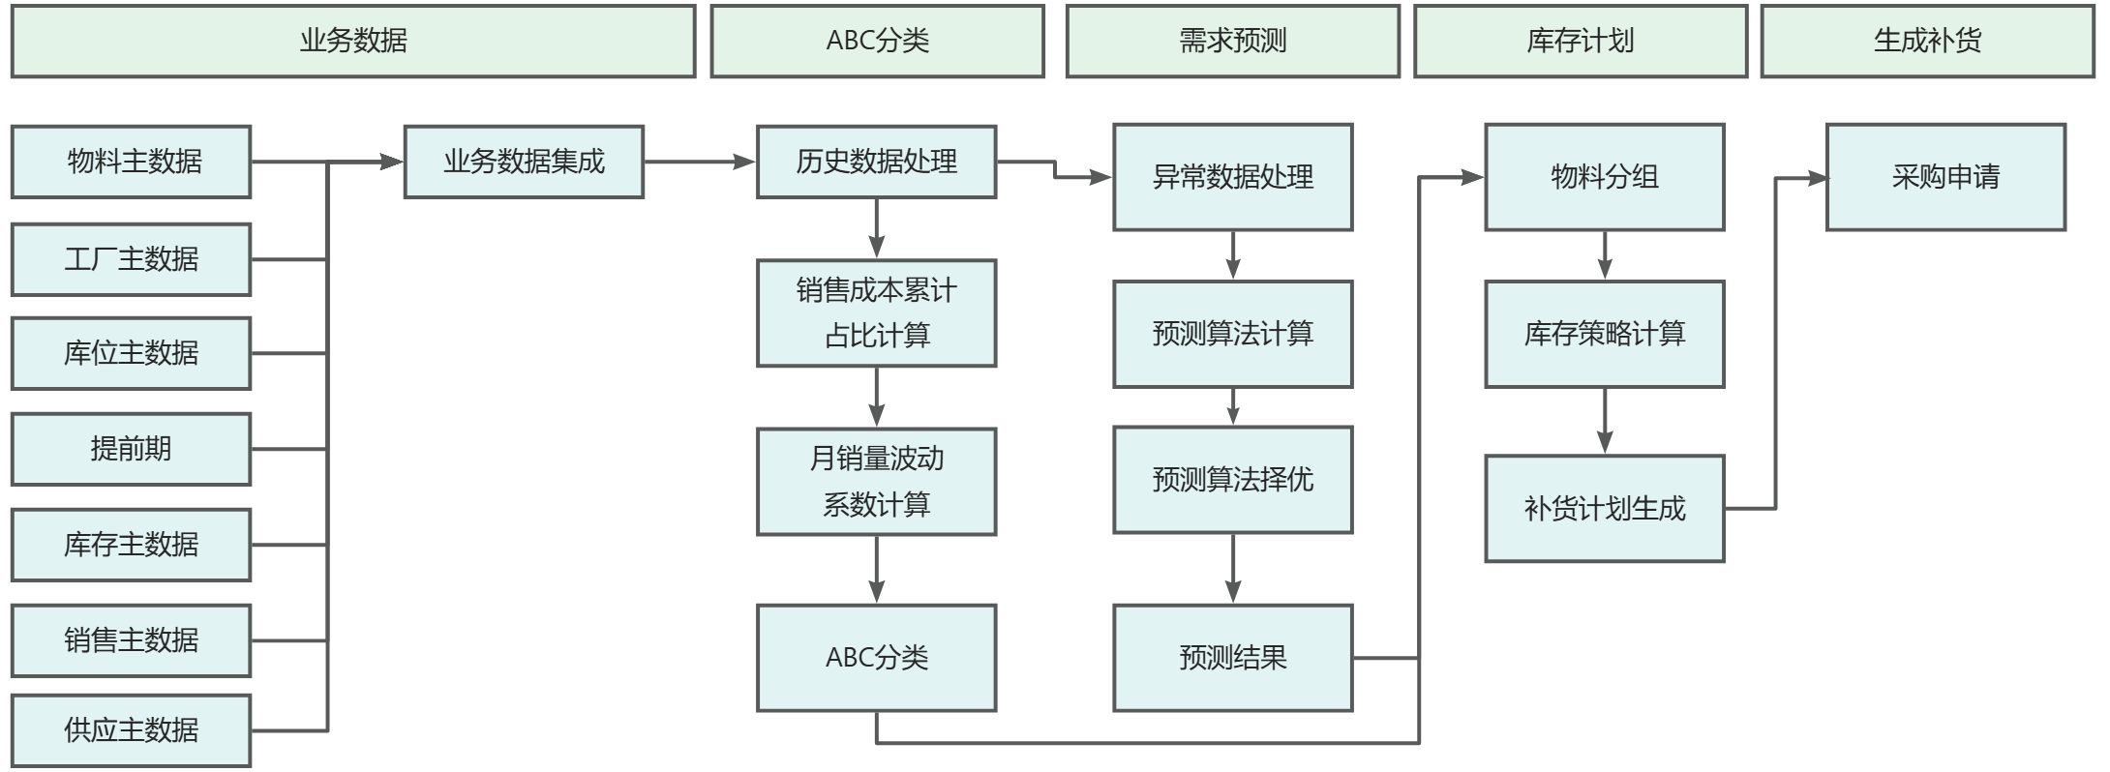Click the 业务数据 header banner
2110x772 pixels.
pos(353,41)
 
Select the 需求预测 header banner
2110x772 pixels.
pos(1232,41)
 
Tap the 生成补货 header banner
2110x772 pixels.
pos(1927,41)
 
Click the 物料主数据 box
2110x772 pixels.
pos(132,162)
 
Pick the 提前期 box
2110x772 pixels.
pos(132,449)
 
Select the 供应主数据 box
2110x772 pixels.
pos(132,730)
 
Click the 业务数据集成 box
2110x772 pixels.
pos(524,162)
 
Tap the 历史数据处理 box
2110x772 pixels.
pos(876,162)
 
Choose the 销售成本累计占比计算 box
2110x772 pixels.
pos(876,312)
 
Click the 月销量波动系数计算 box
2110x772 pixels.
pos(876,482)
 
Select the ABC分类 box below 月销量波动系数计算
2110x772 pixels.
pos(876,658)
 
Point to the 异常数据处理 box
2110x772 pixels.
pos(1232,177)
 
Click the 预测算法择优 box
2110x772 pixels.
pos(1232,480)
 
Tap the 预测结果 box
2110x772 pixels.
pos(1232,658)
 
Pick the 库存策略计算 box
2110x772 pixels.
pos(1604,334)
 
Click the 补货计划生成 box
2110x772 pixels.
pos(1604,508)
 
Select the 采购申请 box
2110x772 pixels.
pos(1945,177)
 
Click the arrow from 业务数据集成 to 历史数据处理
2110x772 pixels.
pos(700,163)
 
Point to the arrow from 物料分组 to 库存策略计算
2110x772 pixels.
pos(1605,255)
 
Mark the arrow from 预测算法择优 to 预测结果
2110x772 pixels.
pos(1233,569)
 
